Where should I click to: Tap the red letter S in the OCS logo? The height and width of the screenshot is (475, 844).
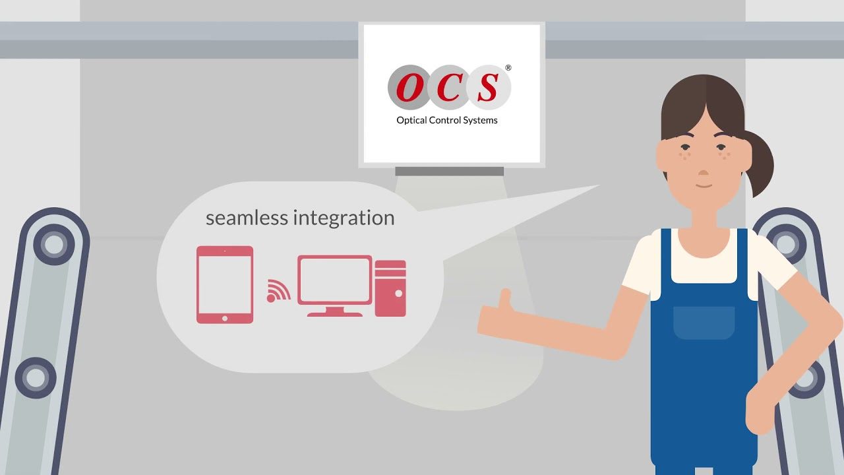click(x=489, y=88)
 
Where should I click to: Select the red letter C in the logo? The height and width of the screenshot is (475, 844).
click(x=449, y=88)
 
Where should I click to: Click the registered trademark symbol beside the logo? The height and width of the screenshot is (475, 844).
click(x=508, y=68)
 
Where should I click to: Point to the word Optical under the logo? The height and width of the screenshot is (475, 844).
click(x=412, y=121)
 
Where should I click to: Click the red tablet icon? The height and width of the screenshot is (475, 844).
click(x=225, y=284)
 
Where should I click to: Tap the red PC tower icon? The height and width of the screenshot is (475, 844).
click(x=390, y=288)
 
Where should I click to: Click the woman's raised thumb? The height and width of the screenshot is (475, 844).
click(x=506, y=300)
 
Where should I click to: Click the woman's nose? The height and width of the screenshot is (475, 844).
click(x=704, y=173)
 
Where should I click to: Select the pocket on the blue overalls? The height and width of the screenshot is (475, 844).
click(x=704, y=322)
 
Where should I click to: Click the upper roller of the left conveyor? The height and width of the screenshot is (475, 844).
click(x=53, y=245)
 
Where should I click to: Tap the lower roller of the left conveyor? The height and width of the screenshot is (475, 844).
click(x=35, y=378)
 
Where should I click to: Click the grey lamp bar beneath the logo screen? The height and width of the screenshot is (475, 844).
click(x=449, y=172)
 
